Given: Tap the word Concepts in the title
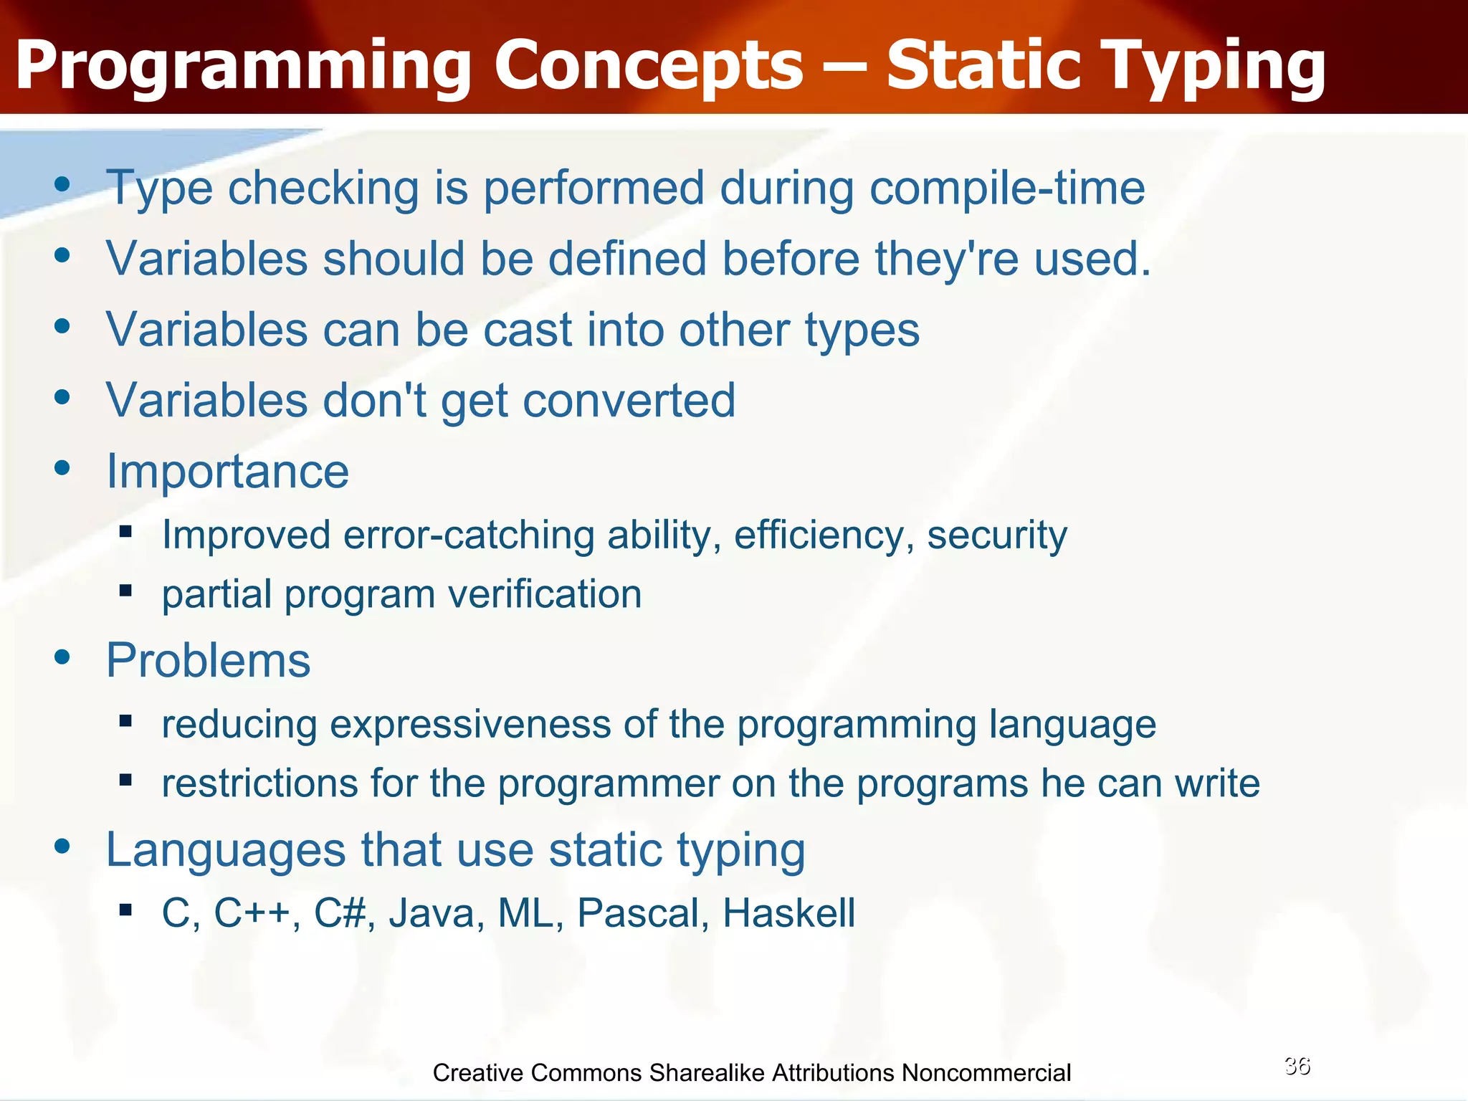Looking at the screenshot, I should [x=649, y=66].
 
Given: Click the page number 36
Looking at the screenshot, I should [x=1297, y=1066].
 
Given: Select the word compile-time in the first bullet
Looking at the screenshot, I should [x=1007, y=189].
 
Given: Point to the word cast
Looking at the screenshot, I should [x=528, y=330].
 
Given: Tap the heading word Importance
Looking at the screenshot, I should [x=227, y=472].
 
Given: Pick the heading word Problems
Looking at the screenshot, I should [x=208, y=660].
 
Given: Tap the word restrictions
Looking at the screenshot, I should [x=259, y=783].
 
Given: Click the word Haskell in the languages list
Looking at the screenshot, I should [x=788, y=913].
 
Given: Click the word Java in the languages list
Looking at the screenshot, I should [x=436, y=913].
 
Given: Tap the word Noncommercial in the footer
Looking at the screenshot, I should [x=986, y=1073].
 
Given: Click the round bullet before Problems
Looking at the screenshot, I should [x=62, y=657].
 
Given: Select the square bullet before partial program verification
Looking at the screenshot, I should [x=126, y=591].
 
